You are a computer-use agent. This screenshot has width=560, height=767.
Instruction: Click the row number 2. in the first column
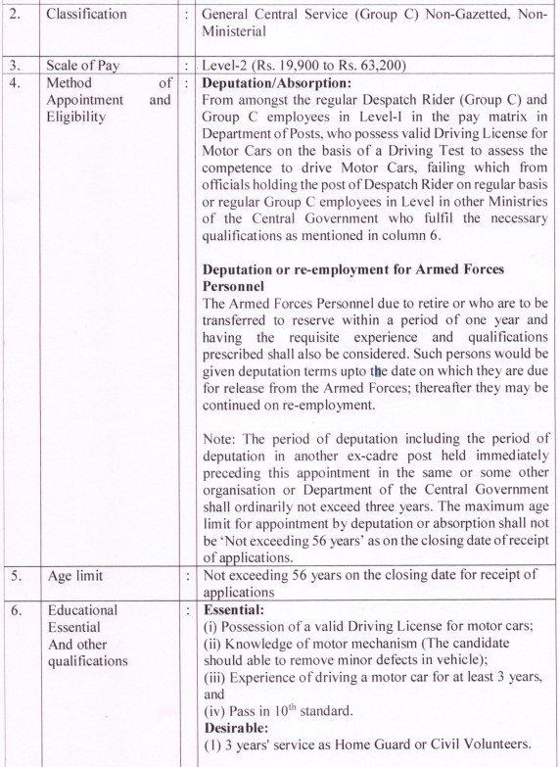[x=14, y=14]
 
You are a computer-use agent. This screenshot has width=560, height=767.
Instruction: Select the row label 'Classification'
[x=86, y=14]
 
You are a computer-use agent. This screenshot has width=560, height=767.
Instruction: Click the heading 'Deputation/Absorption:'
[x=276, y=83]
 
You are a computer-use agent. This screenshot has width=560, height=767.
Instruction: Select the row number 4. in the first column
[x=14, y=83]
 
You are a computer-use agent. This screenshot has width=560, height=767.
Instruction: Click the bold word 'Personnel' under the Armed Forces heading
[x=235, y=286]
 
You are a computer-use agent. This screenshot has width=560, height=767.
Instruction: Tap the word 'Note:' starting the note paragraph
[x=220, y=438]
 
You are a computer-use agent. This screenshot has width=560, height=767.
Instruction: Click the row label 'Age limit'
[x=74, y=576]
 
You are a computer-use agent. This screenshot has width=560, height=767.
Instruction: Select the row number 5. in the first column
[x=14, y=576]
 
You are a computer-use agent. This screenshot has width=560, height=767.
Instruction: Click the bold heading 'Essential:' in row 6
[x=234, y=609]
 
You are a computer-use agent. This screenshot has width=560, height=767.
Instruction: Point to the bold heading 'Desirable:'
[x=236, y=728]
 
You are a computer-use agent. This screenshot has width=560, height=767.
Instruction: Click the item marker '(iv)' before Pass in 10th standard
[x=215, y=711]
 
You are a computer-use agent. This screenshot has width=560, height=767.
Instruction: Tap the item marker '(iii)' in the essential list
[x=217, y=677]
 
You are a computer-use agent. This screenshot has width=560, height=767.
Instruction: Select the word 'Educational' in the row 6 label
[x=82, y=609]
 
